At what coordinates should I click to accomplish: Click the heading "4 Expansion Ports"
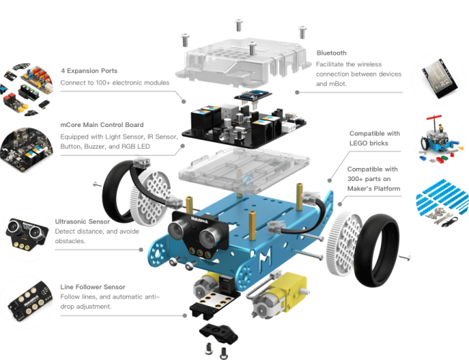pos(89,71)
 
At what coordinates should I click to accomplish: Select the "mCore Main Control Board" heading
pos(102,125)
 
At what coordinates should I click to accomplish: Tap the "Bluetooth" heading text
pos(331,53)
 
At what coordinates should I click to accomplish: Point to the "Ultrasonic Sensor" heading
pos(82,221)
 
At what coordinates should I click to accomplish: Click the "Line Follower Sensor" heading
pos(93,287)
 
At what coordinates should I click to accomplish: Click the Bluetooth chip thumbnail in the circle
pos(439,79)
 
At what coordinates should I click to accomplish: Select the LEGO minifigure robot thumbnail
pos(439,138)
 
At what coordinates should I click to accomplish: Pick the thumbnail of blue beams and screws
pos(442,203)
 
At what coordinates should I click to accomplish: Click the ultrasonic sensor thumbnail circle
pos(26,234)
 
